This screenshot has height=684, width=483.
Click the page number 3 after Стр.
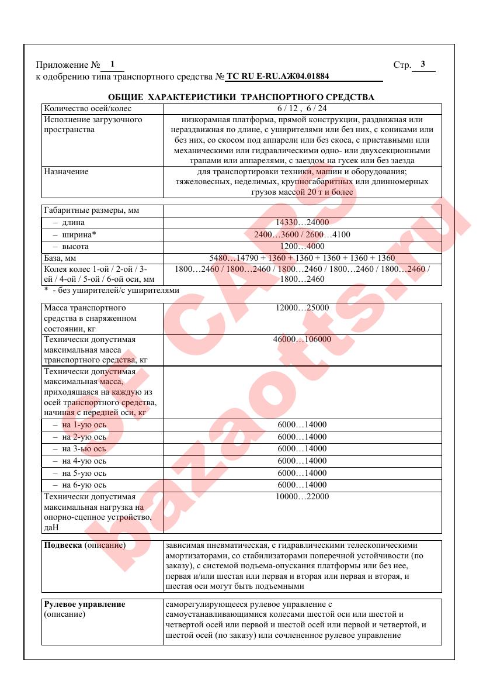422,64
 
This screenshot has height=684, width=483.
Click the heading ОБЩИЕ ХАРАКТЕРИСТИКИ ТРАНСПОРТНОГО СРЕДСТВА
241,97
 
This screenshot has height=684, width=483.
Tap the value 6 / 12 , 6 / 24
302,109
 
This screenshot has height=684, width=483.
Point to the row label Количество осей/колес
88,109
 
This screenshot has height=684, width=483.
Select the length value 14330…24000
302,223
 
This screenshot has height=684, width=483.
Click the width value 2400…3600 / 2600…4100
302,234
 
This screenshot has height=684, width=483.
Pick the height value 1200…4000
302,247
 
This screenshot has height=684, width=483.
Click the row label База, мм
60,258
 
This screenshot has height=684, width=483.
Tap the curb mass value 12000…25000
302,308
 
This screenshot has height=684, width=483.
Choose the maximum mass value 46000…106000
302,339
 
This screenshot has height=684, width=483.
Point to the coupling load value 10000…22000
302,497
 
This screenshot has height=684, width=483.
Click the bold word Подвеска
63,545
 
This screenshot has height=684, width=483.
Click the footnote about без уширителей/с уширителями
112,290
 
